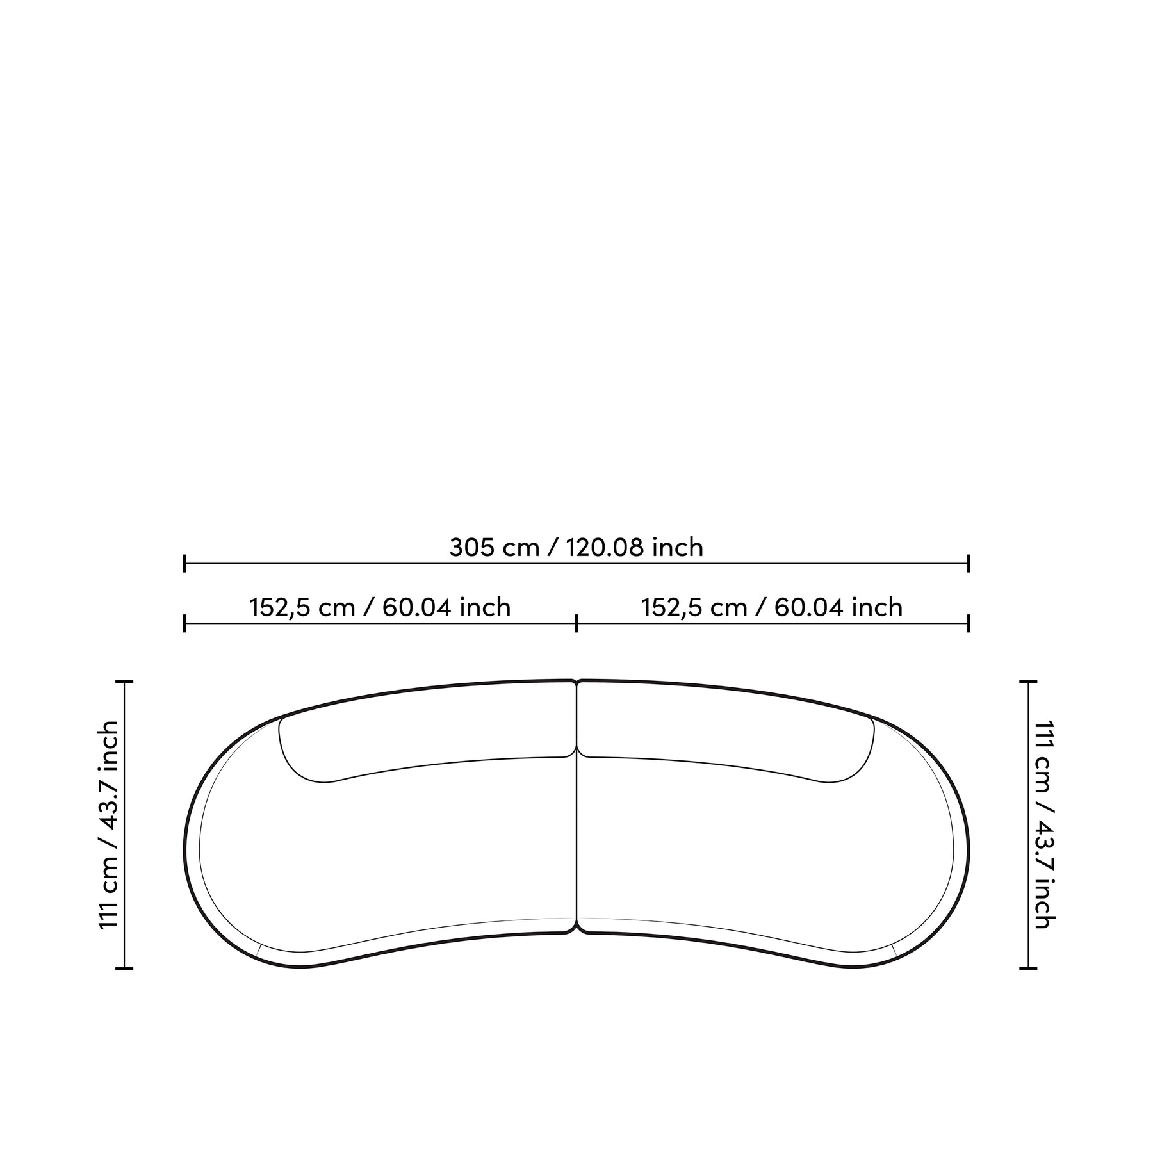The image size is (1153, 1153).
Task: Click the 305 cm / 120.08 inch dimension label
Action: [x=576, y=548]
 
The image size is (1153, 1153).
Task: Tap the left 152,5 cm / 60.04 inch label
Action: [x=380, y=607]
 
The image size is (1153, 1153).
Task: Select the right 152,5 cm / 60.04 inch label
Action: [x=773, y=607]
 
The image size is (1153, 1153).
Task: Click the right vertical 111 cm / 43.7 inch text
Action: [x=1045, y=824]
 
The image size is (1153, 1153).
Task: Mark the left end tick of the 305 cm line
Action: [x=184, y=564]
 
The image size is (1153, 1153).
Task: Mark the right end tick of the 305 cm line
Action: [x=969, y=564]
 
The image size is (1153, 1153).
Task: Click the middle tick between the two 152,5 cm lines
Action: [x=576, y=623]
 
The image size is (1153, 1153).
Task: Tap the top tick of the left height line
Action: [x=124, y=682]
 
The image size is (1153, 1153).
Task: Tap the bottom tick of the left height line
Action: [x=124, y=969]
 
